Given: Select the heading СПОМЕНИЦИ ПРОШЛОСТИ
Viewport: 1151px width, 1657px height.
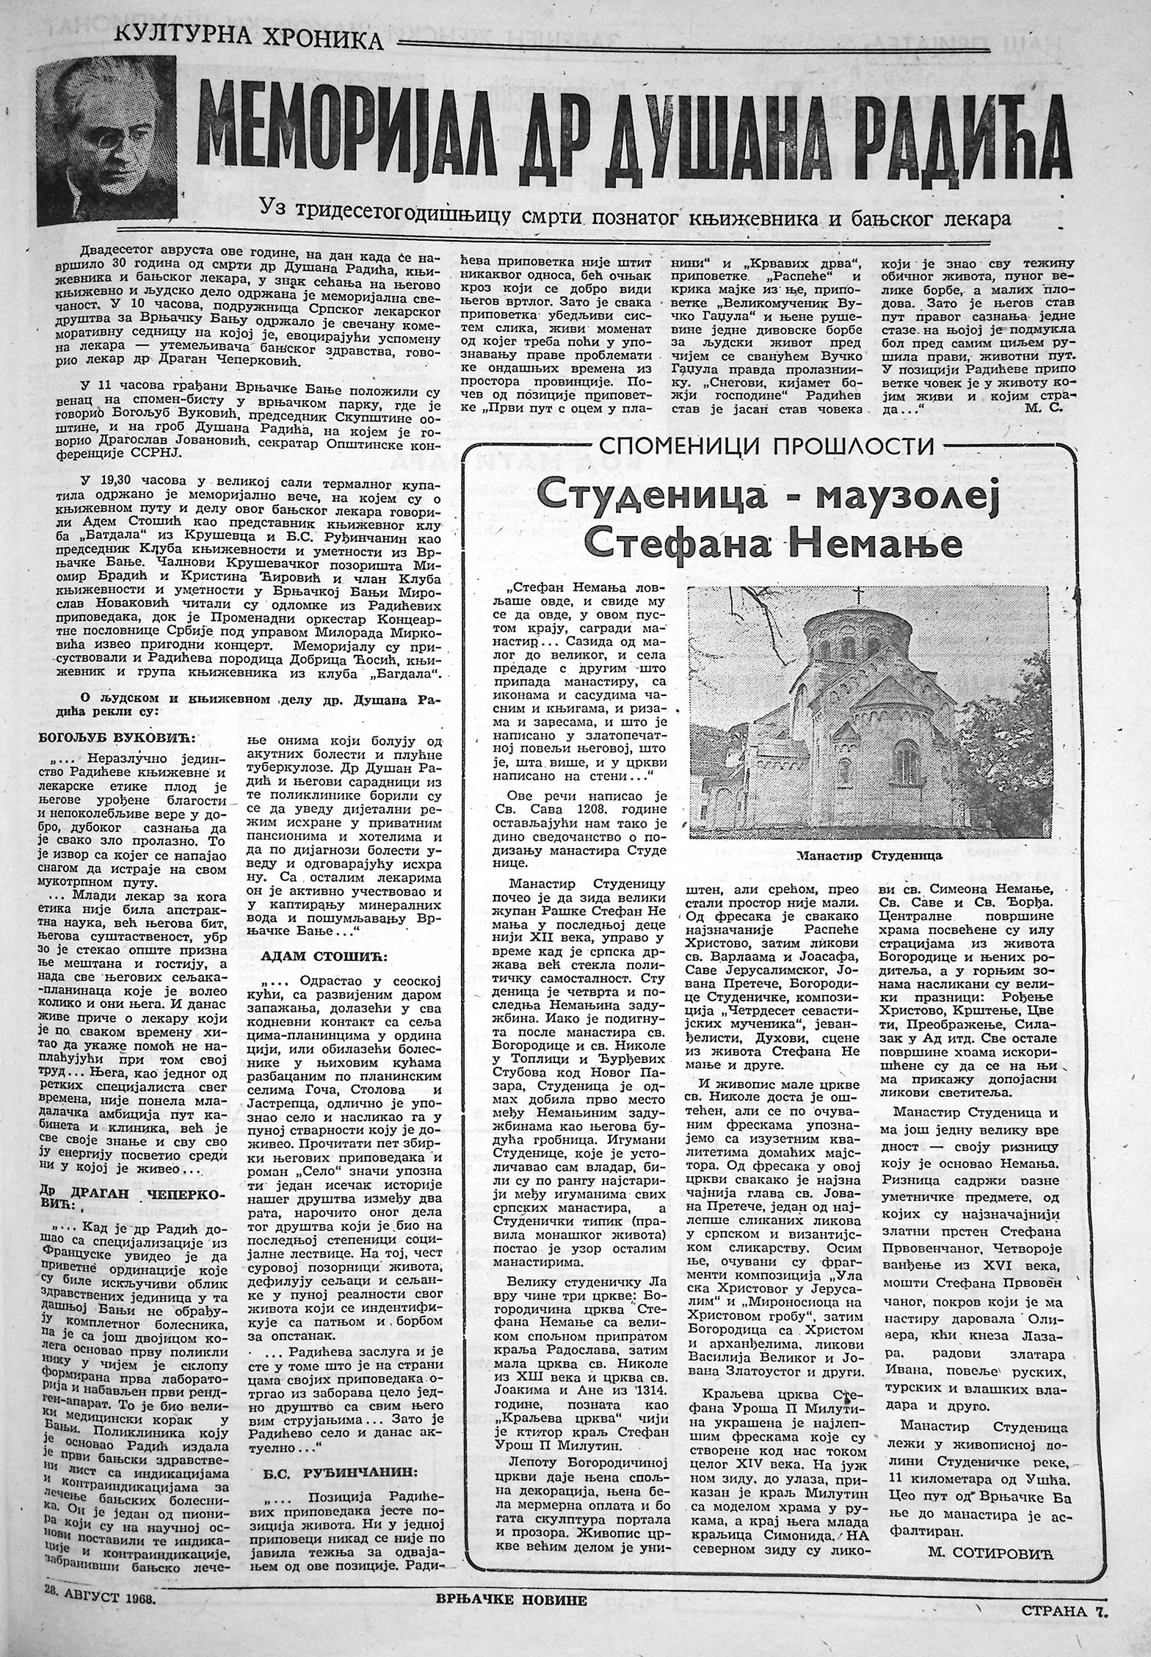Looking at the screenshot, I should (x=767, y=445).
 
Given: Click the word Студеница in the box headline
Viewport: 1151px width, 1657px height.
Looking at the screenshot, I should (x=647, y=499).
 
